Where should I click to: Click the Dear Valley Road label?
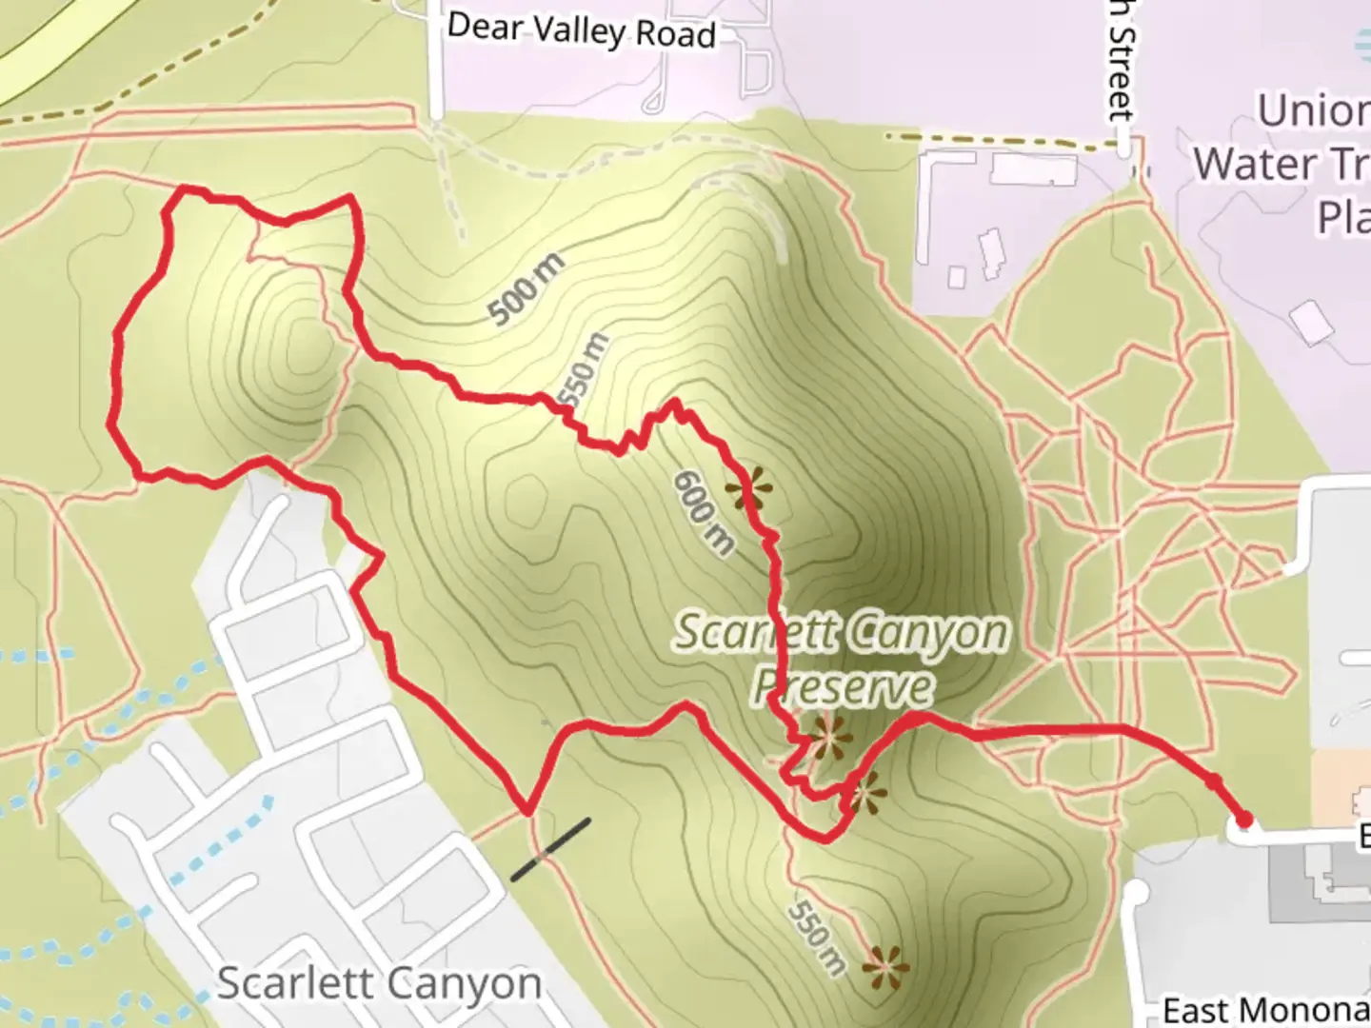(x=581, y=30)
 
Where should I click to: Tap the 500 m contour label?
(x=525, y=288)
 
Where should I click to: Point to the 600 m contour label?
(x=704, y=513)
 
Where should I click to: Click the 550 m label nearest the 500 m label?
(x=583, y=369)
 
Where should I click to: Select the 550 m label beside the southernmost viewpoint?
(x=817, y=939)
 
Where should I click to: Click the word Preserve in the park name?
(x=843, y=685)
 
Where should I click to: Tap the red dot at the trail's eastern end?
(x=1243, y=820)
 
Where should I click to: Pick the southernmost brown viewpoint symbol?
(x=884, y=967)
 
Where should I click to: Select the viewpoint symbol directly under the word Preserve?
(x=827, y=736)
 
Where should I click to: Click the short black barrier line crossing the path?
(x=550, y=849)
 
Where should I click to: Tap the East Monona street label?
(x=1265, y=1009)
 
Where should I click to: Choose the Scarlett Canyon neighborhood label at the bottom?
(x=379, y=983)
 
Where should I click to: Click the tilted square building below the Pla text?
(x=1311, y=322)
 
